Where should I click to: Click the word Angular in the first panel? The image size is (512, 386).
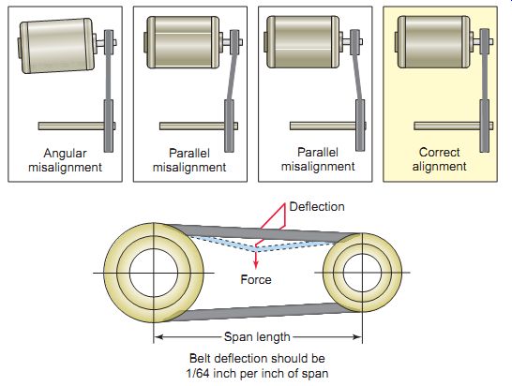[65, 153]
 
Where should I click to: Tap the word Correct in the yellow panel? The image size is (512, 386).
[439, 152]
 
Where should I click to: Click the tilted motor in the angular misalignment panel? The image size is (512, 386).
[57, 45]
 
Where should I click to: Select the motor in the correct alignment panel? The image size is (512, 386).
[433, 42]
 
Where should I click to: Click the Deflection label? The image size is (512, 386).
[317, 206]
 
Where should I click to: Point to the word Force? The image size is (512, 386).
[256, 279]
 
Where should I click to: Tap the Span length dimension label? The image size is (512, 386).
[257, 336]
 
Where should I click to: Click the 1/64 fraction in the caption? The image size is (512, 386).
[198, 373]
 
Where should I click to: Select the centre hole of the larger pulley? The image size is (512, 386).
[154, 273]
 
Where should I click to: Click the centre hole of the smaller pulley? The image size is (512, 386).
[362, 273]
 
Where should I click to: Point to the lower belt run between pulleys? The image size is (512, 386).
[258, 312]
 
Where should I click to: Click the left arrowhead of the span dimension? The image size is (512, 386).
[158, 336]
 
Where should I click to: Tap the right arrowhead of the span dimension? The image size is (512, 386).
[357, 336]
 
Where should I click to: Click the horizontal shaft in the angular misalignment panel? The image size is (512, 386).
[71, 126]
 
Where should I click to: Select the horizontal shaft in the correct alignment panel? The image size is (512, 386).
[447, 126]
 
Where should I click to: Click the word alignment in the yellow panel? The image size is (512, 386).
[439, 167]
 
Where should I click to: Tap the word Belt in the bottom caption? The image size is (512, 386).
[200, 358]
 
